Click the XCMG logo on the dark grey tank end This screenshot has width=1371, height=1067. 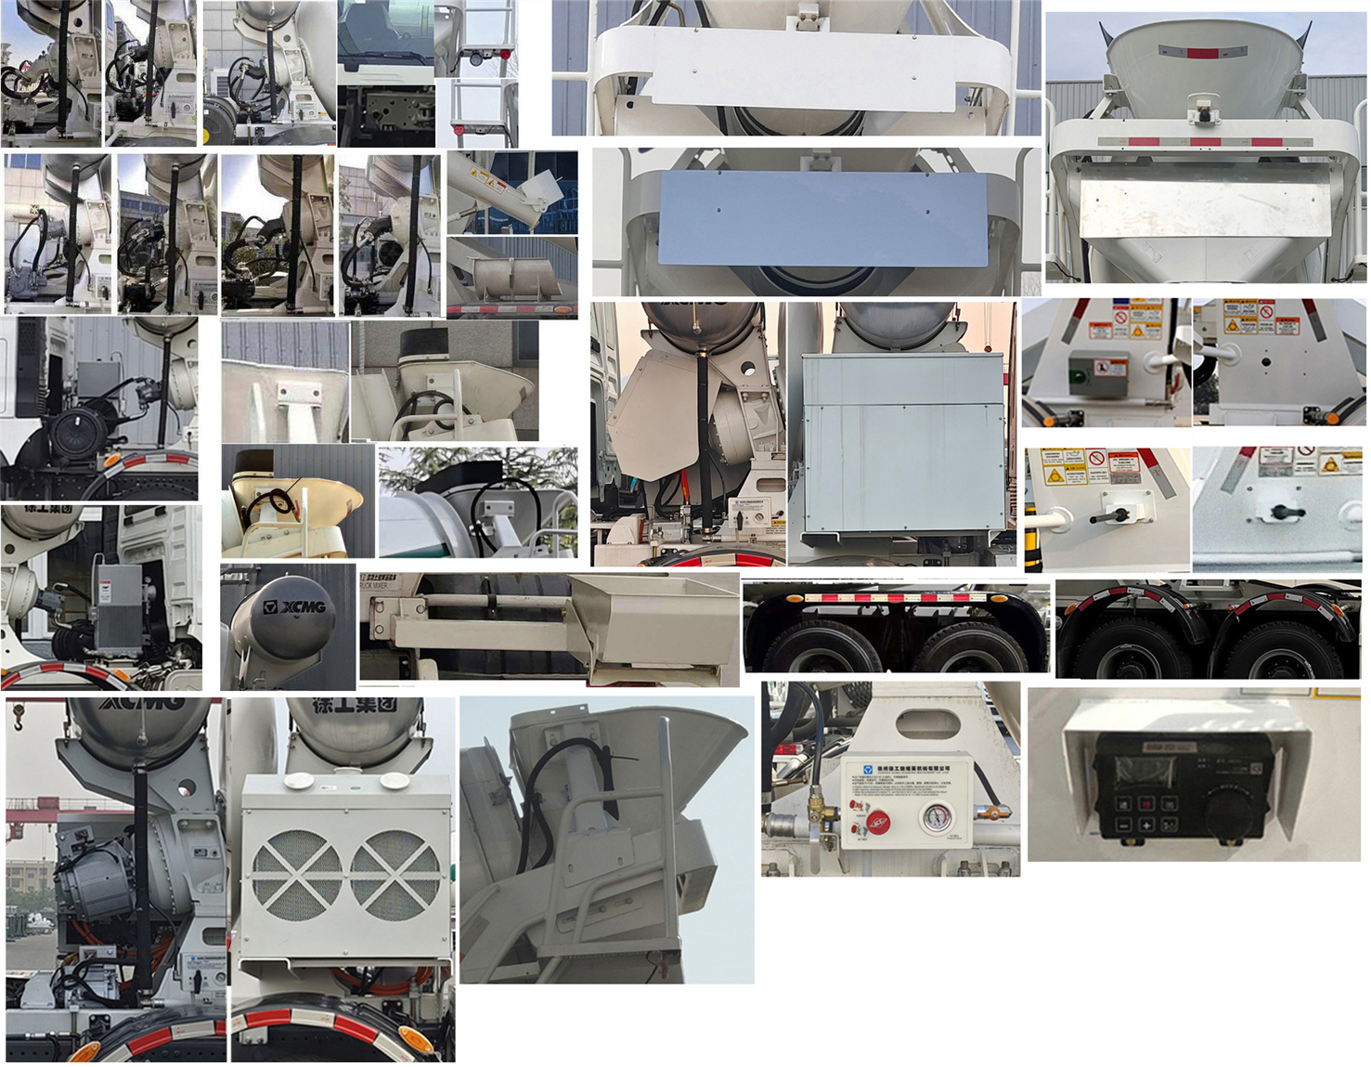pyautogui.click(x=293, y=606)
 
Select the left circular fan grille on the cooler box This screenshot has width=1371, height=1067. pyautogui.click(x=296, y=874)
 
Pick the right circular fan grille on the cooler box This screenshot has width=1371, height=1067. pyautogui.click(x=394, y=874)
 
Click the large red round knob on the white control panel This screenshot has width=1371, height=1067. pyautogui.click(x=877, y=820)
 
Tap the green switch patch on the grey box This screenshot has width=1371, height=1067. pyautogui.click(x=1077, y=377)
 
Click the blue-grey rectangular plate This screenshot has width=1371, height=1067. pyautogui.click(x=822, y=218)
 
